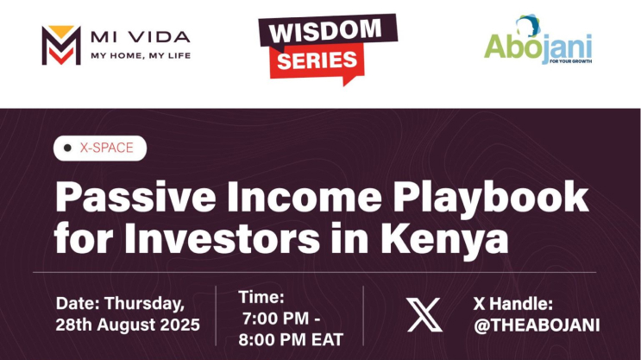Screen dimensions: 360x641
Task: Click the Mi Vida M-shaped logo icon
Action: pyautogui.click(x=60, y=46)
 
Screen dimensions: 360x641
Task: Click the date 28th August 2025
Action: pyautogui.click(x=128, y=325)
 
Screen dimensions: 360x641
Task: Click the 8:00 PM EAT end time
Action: pyautogui.click(x=291, y=336)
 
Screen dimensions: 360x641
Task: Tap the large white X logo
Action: pyautogui.click(x=423, y=314)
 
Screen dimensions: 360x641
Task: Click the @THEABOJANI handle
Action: pyautogui.click(x=536, y=325)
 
